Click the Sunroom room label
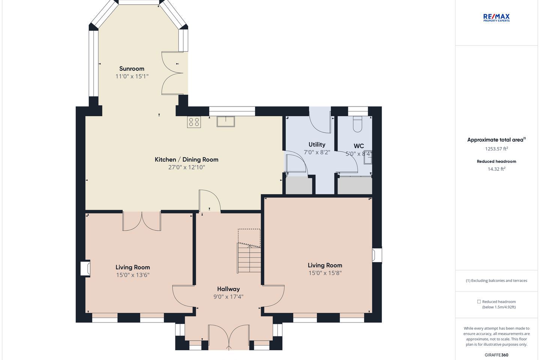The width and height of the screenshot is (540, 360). [x=132, y=69]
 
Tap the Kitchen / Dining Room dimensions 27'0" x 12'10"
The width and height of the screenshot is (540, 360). [x=187, y=167]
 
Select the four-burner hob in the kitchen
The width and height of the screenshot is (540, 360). [x=194, y=122]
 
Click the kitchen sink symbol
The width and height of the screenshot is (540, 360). [x=226, y=121]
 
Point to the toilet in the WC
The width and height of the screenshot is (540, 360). [x=357, y=124]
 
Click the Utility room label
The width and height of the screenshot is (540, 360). [x=317, y=145]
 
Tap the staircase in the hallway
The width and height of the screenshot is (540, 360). [x=249, y=258]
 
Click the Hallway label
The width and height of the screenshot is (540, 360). [x=228, y=289]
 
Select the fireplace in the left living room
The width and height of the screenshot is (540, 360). [x=85, y=268]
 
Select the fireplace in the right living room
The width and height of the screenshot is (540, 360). [x=377, y=255]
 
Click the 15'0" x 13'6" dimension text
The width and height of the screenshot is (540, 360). [x=133, y=275]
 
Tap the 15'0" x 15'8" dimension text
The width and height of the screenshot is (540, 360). [x=325, y=273]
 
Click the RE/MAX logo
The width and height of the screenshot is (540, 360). [x=496, y=18]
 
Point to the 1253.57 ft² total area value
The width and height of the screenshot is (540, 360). [x=496, y=148]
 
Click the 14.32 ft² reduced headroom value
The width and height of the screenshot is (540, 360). [x=496, y=169]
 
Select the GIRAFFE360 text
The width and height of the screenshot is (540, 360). [x=496, y=355]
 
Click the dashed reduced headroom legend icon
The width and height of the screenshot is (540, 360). [x=479, y=301]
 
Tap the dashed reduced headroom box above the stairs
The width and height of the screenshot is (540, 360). [x=249, y=238]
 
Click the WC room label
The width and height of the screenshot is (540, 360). [x=359, y=146]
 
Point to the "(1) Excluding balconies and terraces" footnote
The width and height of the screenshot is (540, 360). [x=496, y=280]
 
